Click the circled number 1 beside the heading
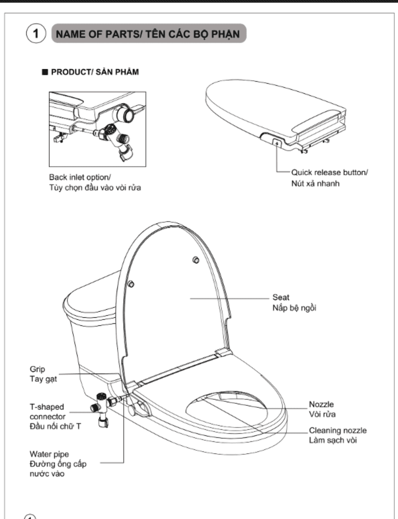pos(36,33)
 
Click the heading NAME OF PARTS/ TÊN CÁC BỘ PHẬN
pos(148,34)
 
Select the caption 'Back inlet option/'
pos(80,177)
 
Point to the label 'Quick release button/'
pos(330,173)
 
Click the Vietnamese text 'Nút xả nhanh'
pos(315,183)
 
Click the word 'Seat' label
pos(281,297)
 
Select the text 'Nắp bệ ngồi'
pos(294,308)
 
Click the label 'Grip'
pos(37,369)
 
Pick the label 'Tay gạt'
pos(44,379)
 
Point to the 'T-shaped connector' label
pos(47,412)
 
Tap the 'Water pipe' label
pos(49,454)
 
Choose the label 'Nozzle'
pos(321,404)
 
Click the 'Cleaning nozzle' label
pos(338,430)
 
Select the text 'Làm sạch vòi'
pos(333,440)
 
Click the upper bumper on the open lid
pos(196,260)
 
